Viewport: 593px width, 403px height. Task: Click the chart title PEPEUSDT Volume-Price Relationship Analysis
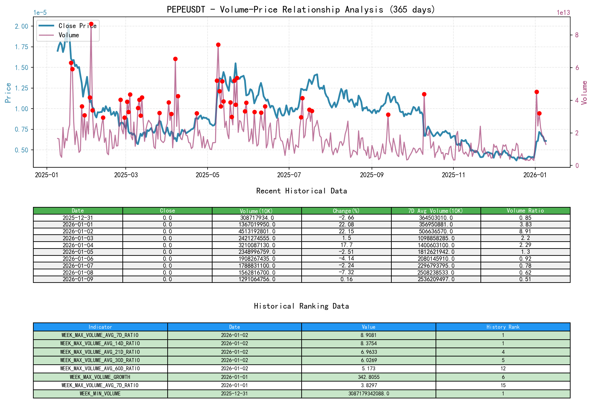point(301,9)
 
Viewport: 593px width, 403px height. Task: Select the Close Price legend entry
point(77,26)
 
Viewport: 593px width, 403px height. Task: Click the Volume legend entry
point(69,35)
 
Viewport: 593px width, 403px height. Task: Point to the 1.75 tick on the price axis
point(21,47)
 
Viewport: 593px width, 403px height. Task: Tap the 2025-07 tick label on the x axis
point(289,175)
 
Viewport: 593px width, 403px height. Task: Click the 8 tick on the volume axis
point(577,35)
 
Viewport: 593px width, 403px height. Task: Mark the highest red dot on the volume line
point(91,24)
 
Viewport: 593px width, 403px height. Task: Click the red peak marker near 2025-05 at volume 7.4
point(218,45)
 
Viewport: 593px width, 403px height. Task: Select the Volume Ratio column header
point(525,211)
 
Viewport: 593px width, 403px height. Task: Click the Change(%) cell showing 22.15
point(346,231)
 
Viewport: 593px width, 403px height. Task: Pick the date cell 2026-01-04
point(78,245)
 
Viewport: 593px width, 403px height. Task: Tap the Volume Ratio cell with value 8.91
point(525,231)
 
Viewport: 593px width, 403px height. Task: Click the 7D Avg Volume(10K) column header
point(436,211)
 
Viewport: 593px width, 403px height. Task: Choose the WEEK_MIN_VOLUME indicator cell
point(100,393)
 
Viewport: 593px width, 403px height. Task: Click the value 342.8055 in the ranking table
point(368,377)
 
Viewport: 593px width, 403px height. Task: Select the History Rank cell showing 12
point(503,368)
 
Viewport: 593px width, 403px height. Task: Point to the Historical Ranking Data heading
point(301,306)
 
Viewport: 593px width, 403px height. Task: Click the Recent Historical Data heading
point(301,191)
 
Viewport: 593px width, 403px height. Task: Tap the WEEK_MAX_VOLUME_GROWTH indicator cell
point(100,377)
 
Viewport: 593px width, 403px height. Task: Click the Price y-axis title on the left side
point(8,93)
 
